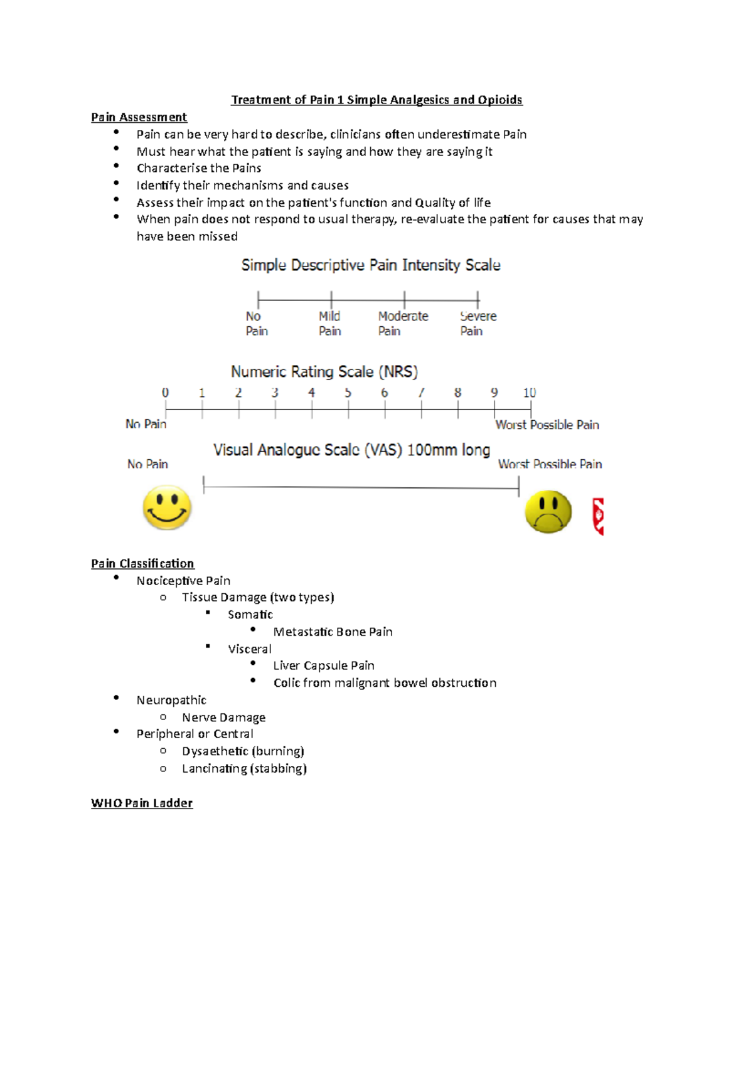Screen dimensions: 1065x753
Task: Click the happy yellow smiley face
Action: click(x=167, y=507)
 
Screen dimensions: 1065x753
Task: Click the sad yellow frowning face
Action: click(x=548, y=512)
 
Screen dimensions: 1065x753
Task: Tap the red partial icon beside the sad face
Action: click(x=599, y=516)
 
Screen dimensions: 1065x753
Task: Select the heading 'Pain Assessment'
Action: click(x=139, y=117)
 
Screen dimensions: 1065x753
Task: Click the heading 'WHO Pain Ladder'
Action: click(x=142, y=803)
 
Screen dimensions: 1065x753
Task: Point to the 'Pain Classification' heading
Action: click(x=142, y=563)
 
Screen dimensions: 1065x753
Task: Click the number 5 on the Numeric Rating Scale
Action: click(x=348, y=393)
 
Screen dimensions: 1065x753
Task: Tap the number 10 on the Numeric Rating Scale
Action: click(x=530, y=393)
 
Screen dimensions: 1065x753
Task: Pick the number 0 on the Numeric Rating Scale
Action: click(x=165, y=393)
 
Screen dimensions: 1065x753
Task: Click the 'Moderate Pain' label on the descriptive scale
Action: click(x=403, y=324)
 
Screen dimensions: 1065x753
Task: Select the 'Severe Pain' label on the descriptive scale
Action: click(x=478, y=324)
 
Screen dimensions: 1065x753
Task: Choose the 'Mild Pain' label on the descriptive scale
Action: click(x=329, y=324)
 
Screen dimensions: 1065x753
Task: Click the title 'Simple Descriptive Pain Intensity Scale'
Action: click(x=371, y=265)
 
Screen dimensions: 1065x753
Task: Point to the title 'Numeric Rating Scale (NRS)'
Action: click(x=324, y=372)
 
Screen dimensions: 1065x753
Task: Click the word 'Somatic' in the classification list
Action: click(x=250, y=615)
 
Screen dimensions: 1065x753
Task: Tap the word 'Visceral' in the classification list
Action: click(x=250, y=649)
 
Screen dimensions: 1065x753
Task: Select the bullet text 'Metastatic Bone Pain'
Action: click(x=333, y=632)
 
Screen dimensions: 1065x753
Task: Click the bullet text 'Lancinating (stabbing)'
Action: click(x=244, y=768)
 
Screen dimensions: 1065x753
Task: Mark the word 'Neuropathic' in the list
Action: click(x=171, y=700)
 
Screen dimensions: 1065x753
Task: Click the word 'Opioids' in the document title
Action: click(x=499, y=100)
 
